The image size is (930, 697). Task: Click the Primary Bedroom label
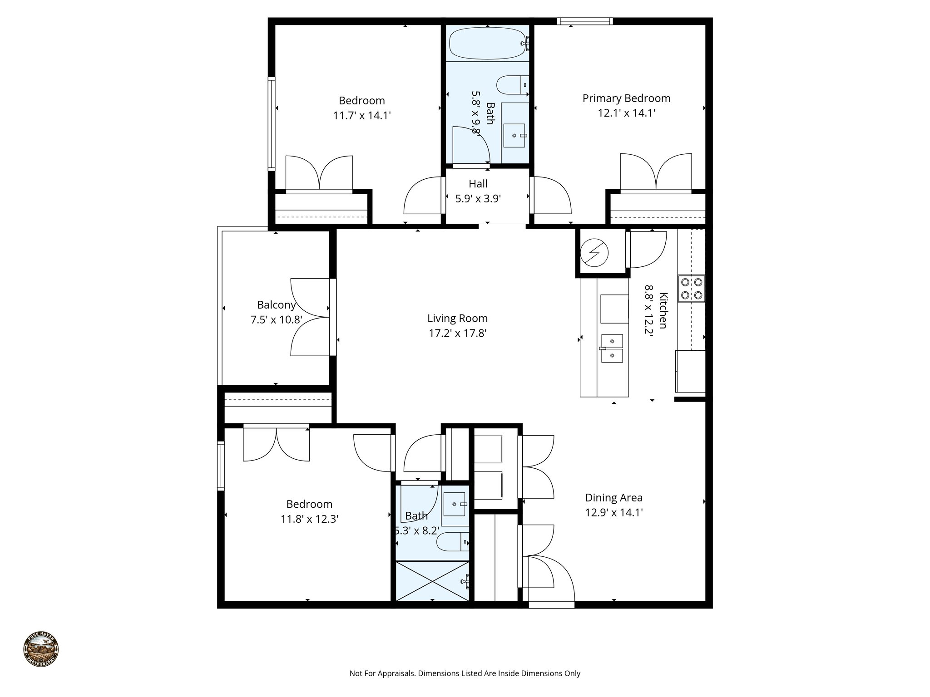click(626, 98)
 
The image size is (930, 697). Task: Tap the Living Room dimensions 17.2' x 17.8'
click(457, 334)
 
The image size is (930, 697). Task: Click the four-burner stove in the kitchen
click(691, 289)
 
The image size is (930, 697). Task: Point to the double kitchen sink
click(612, 348)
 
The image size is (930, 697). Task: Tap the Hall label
click(478, 184)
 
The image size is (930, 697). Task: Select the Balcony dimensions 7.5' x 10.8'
click(276, 320)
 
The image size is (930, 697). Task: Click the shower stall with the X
click(432, 581)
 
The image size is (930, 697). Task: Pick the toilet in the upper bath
click(511, 85)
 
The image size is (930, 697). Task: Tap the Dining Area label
click(613, 498)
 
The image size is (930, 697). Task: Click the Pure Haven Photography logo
click(41, 649)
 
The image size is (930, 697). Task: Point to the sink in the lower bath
click(455, 504)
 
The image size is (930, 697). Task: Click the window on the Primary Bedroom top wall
click(585, 21)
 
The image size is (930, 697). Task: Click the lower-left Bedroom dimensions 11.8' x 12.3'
click(309, 519)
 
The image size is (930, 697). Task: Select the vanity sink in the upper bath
click(514, 135)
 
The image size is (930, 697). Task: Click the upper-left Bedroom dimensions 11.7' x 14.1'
click(362, 116)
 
